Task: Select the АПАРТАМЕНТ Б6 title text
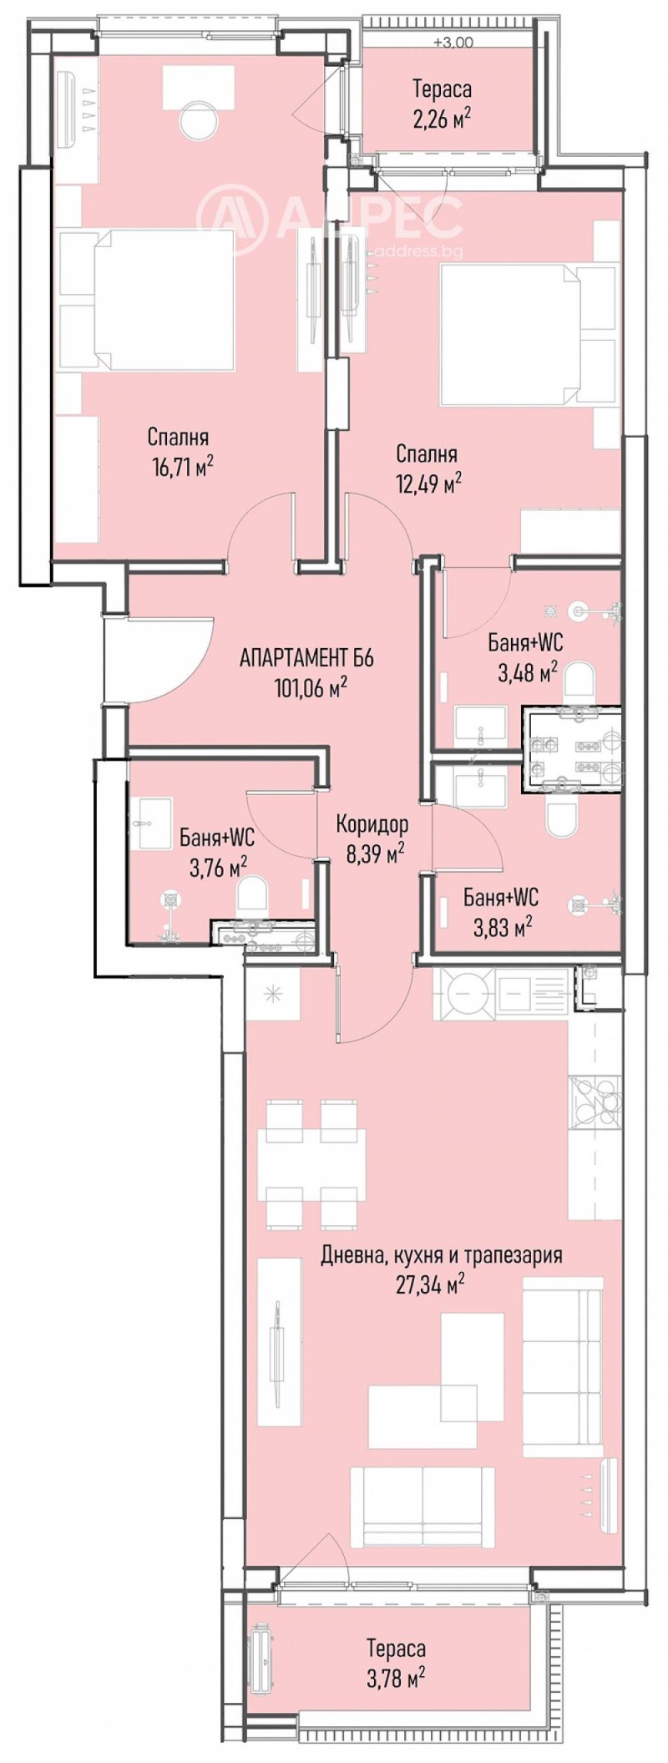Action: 306,658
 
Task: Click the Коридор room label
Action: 372,824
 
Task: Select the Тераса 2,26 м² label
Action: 442,102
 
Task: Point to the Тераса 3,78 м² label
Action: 396,1640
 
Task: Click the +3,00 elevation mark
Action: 453,42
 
